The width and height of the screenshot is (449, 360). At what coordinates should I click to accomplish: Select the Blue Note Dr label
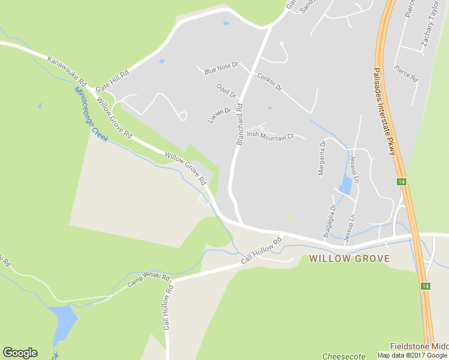[221, 67]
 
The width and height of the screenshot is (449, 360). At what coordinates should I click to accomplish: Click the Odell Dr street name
[228, 91]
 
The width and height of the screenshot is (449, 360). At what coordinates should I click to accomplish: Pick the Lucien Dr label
[220, 115]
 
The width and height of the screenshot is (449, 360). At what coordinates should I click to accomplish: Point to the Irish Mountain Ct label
[270, 136]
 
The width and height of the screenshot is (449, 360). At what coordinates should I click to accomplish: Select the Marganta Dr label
[322, 158]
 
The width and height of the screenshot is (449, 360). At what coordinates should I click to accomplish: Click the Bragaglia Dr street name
[329, 221]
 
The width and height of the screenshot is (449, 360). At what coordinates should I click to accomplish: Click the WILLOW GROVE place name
[349, 259]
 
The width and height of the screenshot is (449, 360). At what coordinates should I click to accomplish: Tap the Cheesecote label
[343, 356]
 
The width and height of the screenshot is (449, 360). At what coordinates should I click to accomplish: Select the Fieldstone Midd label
[419, 346]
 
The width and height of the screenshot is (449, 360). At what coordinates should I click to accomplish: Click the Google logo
[20, 353]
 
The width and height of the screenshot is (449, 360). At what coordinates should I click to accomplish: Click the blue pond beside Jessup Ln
[346, 185]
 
